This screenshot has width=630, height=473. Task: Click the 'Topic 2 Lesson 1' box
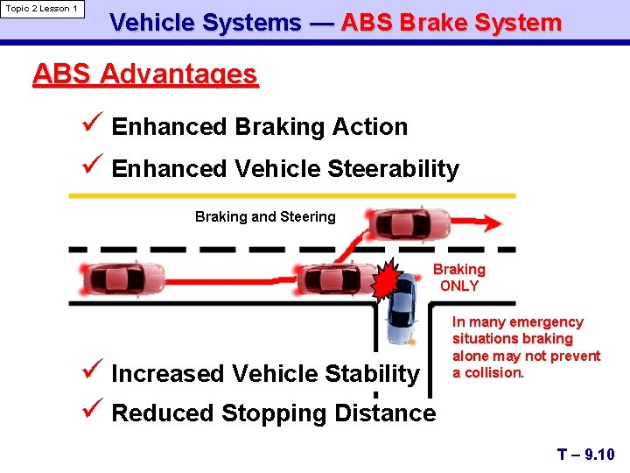[x=42, y=10]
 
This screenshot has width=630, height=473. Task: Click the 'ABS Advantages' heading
[x=145, y=74]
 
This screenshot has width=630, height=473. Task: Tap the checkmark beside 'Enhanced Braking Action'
[x=95, y=125]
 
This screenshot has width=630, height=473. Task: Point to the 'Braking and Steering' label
[x=265, y=216]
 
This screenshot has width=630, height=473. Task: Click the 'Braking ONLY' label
[x=459, y=278]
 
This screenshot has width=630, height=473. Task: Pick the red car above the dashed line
[x=409, y=224]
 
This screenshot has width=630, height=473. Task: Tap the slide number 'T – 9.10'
[x=586, y=454]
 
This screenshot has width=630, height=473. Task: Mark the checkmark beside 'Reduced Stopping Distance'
[x=95, y=411]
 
